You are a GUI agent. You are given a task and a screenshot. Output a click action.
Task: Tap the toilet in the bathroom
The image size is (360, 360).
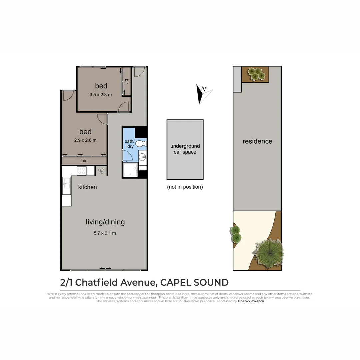click(142, 143)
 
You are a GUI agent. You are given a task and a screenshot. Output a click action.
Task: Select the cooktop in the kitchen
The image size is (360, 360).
click(82, 171)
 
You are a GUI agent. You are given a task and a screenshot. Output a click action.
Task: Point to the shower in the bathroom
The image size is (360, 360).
click(130, 170)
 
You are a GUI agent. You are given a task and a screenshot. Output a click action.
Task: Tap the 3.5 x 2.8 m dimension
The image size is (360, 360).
click(101, 95)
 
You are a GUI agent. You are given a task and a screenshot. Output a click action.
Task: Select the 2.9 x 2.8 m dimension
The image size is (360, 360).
click(85, 140)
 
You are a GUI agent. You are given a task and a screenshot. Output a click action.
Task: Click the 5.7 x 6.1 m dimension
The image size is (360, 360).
click(105, 233)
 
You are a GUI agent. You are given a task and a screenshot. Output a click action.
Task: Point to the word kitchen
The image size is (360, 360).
click(87, 187)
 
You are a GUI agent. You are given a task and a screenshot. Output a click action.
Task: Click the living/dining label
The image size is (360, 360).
click(105, 222)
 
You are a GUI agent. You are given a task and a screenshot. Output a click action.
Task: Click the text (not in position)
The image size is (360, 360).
click(185, 187)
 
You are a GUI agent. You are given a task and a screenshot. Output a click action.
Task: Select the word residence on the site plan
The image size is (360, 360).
click(257, 141)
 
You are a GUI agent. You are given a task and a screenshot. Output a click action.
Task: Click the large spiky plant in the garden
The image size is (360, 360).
click(269, 251)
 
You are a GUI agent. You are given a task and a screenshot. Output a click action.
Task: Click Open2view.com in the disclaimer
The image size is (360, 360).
click(251, 301)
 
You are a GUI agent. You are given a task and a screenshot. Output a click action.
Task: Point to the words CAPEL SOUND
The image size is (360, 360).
click(194, 282)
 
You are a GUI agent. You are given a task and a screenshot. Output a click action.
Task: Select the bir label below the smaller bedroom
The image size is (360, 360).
click(84, 161)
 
